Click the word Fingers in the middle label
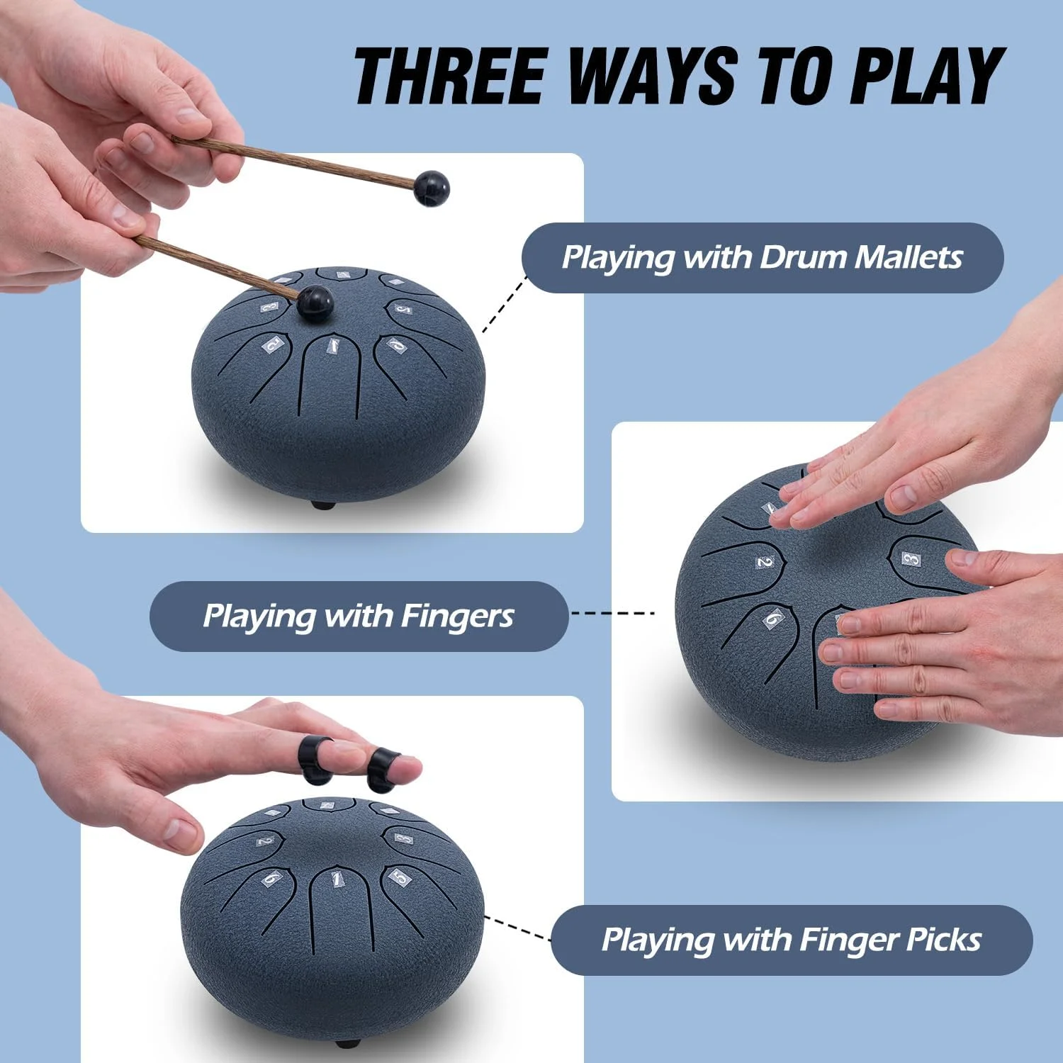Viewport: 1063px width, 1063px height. [x=457, y=617]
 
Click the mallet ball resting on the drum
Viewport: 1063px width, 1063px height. [x=315, y=303]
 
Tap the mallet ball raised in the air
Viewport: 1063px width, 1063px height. [x=432, y=189]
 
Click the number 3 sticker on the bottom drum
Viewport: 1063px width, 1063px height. [x=403, y=839]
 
